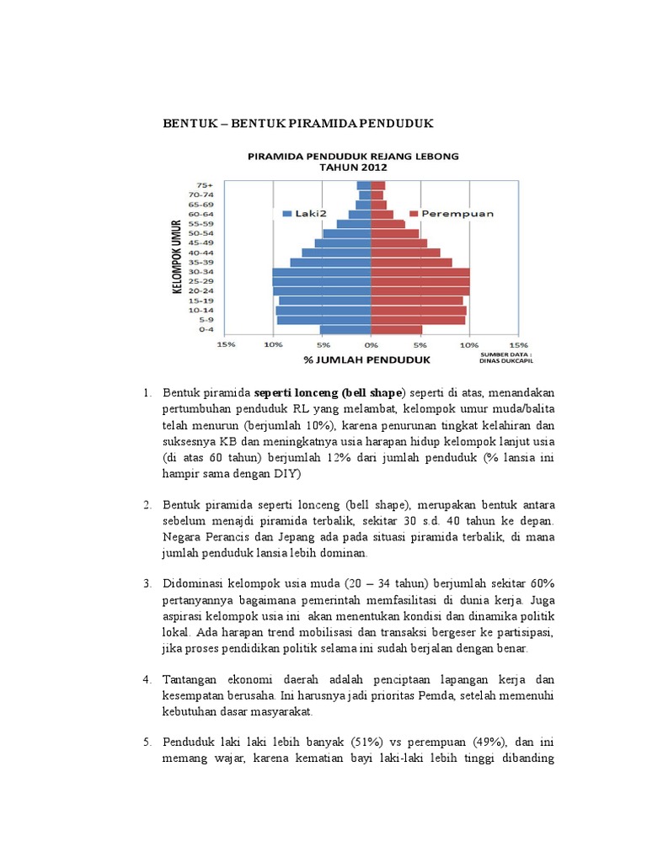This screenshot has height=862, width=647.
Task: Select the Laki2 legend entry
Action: pyautogui.click(x=298, y=214)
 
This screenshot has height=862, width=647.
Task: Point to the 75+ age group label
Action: pyautogui.click(x=205, y=185)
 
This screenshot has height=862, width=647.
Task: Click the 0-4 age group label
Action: pyautogui.click(x=205, y=330)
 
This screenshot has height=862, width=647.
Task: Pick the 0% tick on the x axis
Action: pyautogui.click(x=371, y=344)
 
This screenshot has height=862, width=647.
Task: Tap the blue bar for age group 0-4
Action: pyautogui.click(x=345, y=330)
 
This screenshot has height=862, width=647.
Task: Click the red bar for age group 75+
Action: pyautogui.click(x=378, y=185)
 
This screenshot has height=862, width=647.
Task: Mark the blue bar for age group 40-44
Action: pyautogui.click(x=337, y=253)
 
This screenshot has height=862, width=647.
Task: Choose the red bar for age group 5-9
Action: pyautogui.click(x=418, y=320)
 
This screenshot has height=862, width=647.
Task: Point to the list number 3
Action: pyautogui.click(x=145, y=583)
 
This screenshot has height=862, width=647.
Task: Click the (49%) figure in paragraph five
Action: pyautogui.click(x=485, y=742)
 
